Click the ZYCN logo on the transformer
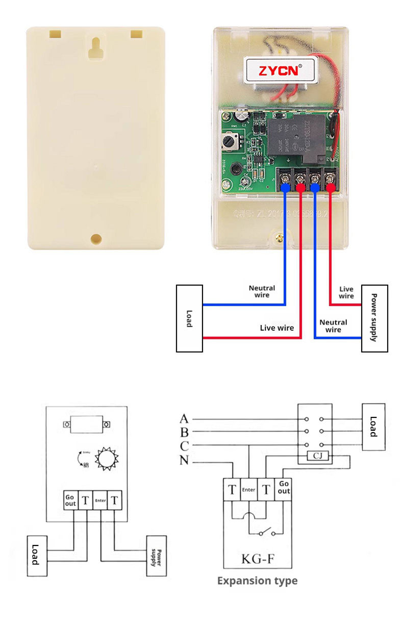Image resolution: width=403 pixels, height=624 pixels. [x=279, y=70]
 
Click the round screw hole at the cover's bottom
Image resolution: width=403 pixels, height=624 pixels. [x=95, y=238]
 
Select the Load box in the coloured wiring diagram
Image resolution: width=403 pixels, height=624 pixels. [x=189, y=318]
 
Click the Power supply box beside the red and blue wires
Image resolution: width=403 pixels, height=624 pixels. [x=374, y=318]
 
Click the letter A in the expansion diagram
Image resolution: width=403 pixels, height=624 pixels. [x=184, y=419]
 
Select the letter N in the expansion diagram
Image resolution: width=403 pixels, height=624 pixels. [x=184, y=461]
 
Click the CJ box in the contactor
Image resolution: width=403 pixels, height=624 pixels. [x=317, y=455]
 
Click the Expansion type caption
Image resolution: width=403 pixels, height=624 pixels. [x=257, y=581]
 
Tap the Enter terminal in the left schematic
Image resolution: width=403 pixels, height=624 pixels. [x=100, y=501]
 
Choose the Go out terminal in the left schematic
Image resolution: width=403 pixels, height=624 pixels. [x=70, y=501]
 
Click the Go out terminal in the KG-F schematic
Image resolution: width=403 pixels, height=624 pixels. [x=284, y=487]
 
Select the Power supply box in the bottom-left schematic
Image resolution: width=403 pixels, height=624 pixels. [x=157, y=557]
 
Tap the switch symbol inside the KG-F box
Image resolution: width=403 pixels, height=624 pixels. [x=266, y=534]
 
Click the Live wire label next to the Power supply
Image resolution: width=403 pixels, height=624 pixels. [x=346, y=292]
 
